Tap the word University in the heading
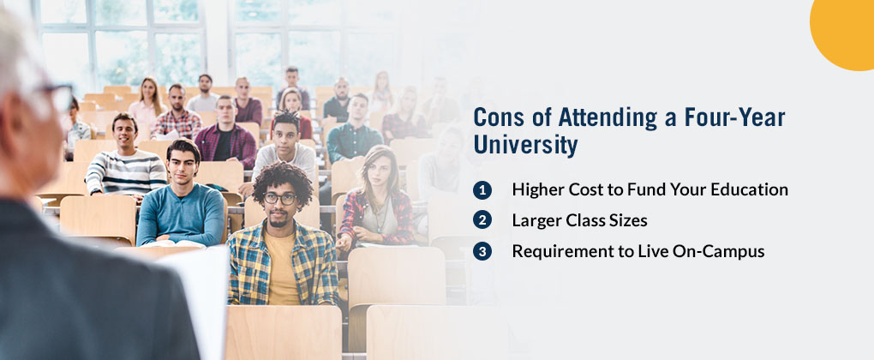(x=525, y=146)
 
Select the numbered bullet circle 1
(x=482, y=190)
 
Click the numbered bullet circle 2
(x=482, y=220)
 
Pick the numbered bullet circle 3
(x=482, y=251)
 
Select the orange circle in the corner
(x=845, y=33)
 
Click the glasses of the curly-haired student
(x=280, y=198)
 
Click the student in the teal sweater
(x=180, y=195)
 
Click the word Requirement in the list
(x=554, y=252)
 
